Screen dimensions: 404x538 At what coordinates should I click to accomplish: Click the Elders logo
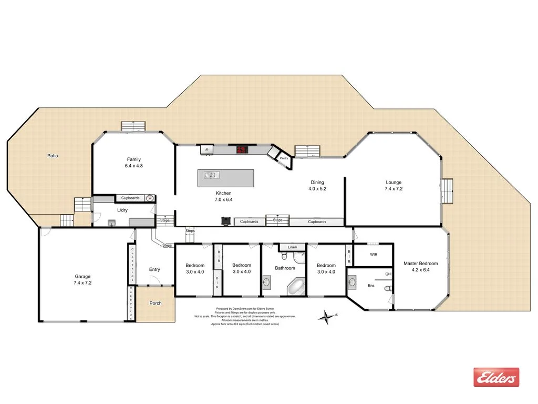[x=496, y=377]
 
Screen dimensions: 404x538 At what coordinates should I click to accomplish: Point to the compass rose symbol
[x=328, y=316]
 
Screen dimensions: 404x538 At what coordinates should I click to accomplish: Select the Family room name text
[x=133, y=159]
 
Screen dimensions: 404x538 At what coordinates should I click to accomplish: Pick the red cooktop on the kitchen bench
[x=242, y=150]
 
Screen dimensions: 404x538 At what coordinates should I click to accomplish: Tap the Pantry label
[x=284, y=157]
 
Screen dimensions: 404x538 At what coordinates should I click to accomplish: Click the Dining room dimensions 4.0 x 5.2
[x=317, y=188]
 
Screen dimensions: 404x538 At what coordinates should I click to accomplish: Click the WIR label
[x=374, y=255]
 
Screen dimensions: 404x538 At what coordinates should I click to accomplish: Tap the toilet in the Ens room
[x=388, y=288]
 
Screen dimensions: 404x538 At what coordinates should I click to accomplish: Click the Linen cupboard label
[x=292, y=247]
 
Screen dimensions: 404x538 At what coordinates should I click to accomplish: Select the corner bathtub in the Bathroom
[x=296, y=287]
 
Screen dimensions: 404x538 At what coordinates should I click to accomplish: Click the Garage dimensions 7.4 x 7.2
[x=82, y=282]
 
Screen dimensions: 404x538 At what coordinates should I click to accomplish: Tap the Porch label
[x=155, y=303]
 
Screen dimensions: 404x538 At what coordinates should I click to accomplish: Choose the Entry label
[x=154, y=269]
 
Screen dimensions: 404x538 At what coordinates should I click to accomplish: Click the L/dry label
[x=122, y=210]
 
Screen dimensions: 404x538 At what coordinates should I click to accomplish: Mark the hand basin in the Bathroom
[x=267, y=283]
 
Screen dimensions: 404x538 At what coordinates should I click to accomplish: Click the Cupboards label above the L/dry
[x=130, y=198]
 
